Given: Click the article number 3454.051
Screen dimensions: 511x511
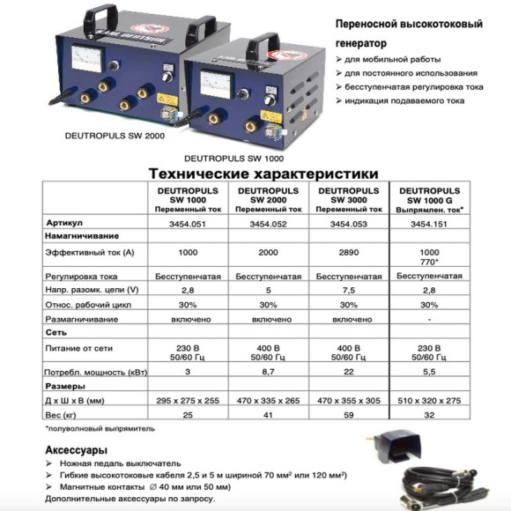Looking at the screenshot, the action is (187, 224).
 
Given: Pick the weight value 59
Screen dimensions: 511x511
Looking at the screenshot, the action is (348, 413).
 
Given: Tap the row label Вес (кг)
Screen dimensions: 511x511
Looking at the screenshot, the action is (63, 413).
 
